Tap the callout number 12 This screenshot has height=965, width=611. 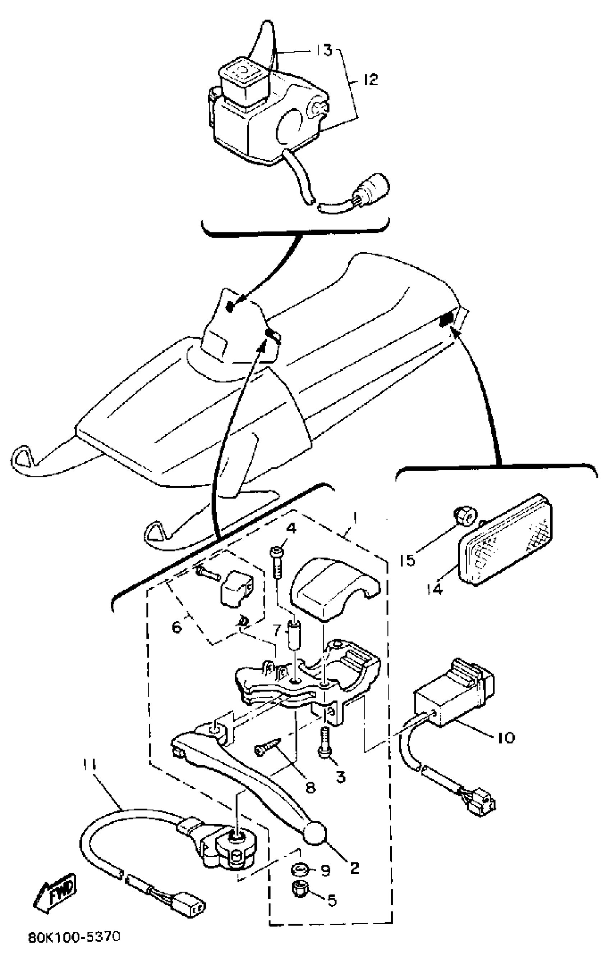point(371,79)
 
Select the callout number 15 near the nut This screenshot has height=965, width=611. point(408,561)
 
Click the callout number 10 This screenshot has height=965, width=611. point(506,737)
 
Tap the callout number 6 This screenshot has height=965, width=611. point(176,626)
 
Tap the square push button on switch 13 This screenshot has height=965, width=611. point(241,73)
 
